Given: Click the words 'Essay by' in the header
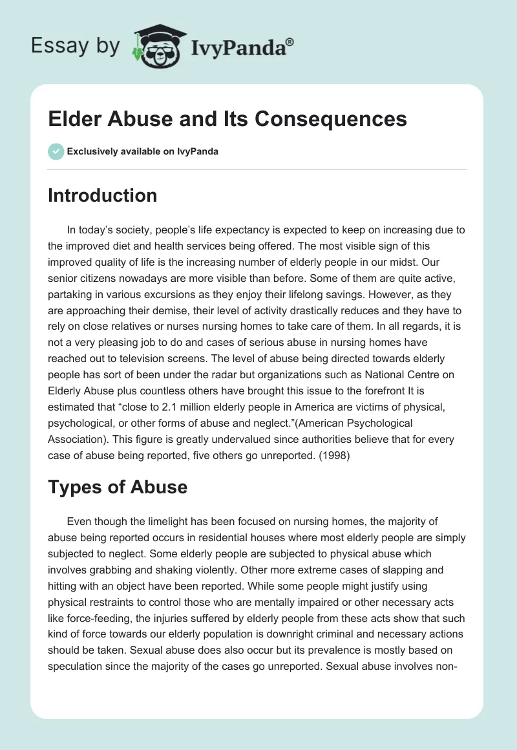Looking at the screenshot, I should click(76, 45).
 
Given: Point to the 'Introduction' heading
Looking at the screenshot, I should click(102, 195).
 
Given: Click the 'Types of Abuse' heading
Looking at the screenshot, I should click(118, 487).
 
